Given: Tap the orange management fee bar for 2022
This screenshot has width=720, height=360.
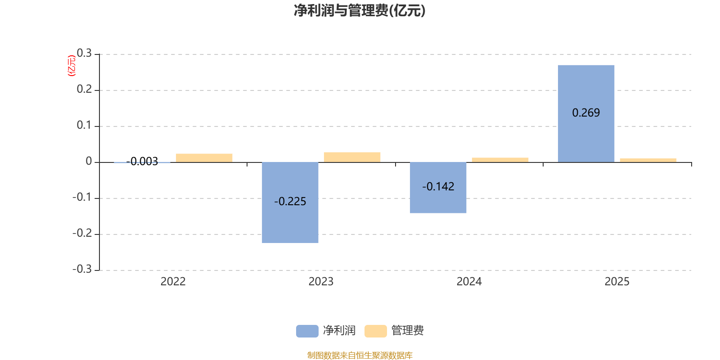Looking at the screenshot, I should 204,157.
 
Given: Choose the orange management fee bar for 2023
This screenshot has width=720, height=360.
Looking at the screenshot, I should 352,157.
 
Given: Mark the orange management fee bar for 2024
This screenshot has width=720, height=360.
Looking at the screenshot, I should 500,160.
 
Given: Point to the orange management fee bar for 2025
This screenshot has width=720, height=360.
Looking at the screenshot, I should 648,160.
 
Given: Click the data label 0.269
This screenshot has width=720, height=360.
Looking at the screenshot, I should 586,112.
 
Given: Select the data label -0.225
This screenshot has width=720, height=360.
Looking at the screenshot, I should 290,201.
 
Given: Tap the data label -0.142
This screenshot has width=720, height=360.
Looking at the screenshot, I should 438,186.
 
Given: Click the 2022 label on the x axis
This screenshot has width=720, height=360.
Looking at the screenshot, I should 173,282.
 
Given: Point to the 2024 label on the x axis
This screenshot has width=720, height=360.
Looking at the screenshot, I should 469,282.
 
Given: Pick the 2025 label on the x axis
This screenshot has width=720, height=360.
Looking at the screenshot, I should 617,282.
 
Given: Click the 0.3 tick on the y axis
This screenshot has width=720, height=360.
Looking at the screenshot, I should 84,54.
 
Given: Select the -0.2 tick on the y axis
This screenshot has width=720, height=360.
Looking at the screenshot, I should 82,233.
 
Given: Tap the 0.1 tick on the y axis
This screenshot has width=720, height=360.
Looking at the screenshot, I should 84,125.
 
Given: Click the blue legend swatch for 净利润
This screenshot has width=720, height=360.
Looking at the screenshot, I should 307,331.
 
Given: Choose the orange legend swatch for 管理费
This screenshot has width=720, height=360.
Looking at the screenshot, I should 375,331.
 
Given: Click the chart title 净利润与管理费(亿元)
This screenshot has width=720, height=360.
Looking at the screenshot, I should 360,10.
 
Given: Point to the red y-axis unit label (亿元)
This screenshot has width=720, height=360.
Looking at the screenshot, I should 71,66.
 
